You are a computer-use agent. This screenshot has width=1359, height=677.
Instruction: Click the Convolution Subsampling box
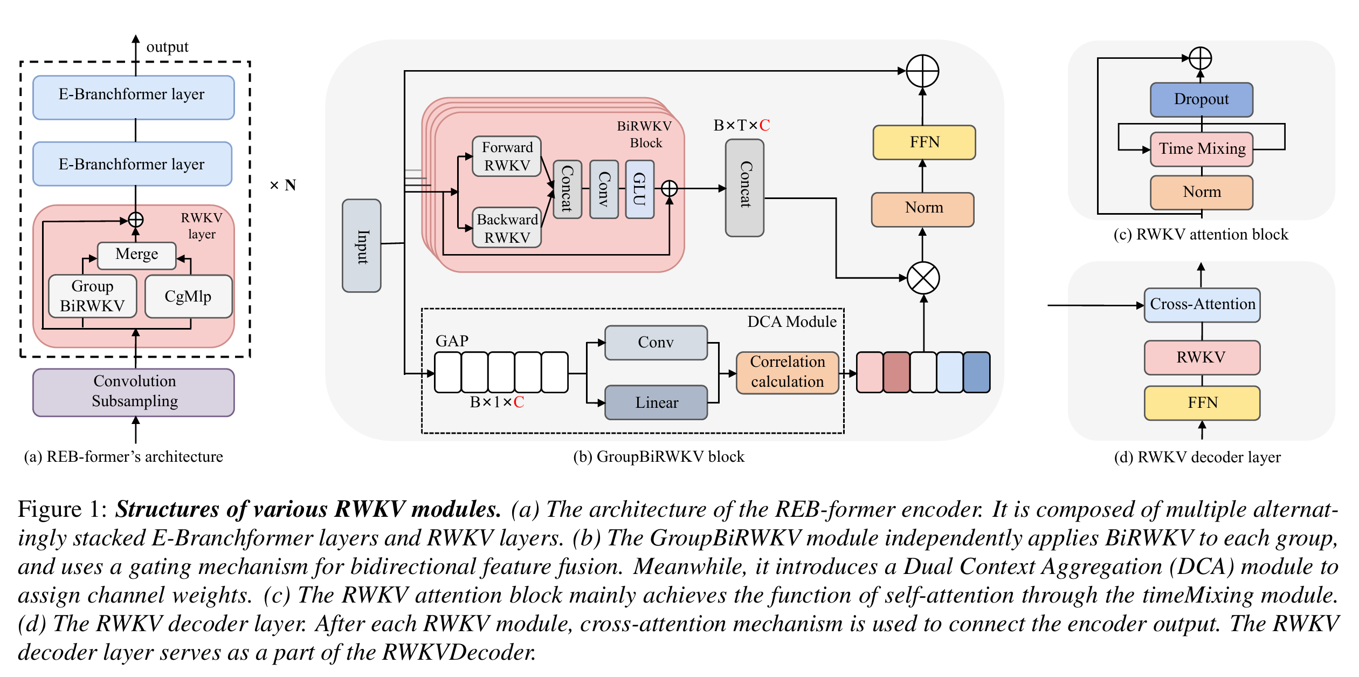click(x=134, y=392)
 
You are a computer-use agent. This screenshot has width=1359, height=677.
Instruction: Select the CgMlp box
click(x=188, y=296)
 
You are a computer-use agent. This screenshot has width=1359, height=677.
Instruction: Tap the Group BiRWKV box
click(x=92, y=296)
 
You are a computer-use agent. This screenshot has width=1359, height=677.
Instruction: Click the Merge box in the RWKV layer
click(x=136, y=255)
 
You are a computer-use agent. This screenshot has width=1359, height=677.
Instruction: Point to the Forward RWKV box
click(x=507, y=156)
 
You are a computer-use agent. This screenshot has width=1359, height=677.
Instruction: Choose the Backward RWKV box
click(x=507, y=228)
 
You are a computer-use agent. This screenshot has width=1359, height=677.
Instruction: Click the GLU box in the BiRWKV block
click(x=639, y=189)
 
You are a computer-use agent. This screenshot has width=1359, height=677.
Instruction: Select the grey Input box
click(x=362, y=246)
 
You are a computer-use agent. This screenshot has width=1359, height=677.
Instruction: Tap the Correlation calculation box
click(x=787, y=372)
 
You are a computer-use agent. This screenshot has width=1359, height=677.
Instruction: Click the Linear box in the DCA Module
click(x=656, y=402)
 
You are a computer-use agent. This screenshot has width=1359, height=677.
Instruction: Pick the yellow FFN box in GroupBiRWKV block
click(x=924, y=142)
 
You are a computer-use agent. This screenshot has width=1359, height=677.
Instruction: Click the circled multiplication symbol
click(x=923, y=278)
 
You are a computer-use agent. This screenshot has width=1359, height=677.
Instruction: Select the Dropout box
click(x=1201, y=100)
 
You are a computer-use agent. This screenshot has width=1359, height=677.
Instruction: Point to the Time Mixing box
click(x=1202, y=149)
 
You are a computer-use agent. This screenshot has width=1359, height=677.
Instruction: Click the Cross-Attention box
click(x=1202, y=305)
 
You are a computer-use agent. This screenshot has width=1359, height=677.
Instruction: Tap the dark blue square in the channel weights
click(x=976, y=372)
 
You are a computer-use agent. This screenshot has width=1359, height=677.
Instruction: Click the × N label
click(x=283, y=186)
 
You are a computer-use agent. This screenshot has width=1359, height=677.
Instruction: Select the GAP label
click(x=452, y=341)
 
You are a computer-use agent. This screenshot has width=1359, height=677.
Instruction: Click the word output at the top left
click(x=167, y=47)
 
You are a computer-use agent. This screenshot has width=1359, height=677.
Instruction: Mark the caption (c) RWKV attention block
click(x=1201, y=235)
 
